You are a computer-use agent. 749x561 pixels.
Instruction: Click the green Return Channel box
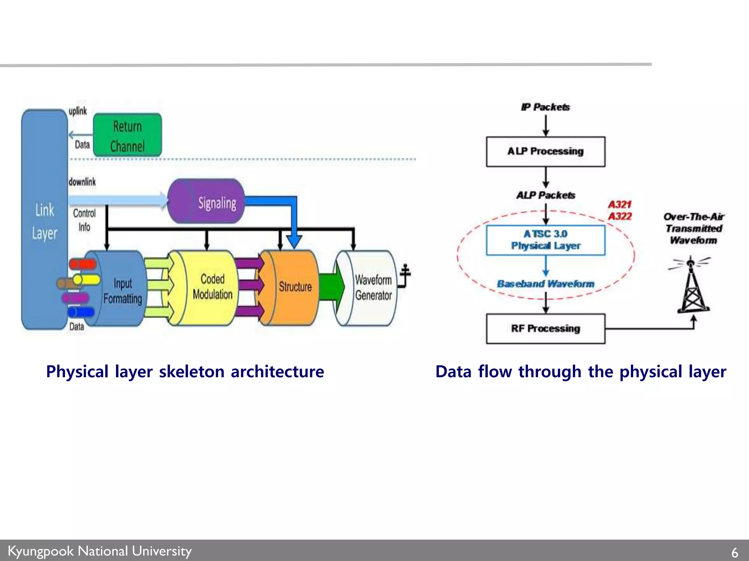[127, 135]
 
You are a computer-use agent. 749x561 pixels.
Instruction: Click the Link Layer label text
[44, 221]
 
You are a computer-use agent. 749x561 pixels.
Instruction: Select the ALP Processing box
[545, 152]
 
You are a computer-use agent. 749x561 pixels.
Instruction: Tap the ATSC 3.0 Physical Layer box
[545, 240]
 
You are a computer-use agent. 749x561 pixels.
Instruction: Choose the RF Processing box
[545, 328]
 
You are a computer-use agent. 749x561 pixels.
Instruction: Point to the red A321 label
[620, 205]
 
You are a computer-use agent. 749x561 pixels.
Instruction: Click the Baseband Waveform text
[545, 284]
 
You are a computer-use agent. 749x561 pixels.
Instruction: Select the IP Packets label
[545, 107]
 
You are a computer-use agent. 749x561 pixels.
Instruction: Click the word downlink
[82, 182]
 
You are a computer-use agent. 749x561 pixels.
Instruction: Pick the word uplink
[78, 111]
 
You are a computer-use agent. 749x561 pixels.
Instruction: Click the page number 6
[734, 552]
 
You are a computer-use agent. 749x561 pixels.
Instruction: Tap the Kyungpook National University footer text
[99, 551]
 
